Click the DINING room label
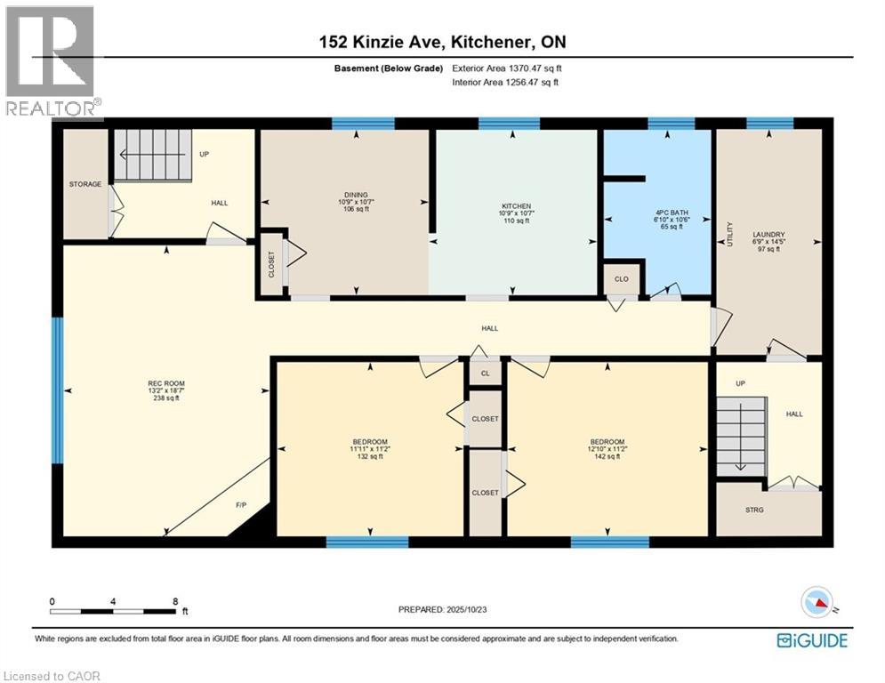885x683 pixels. tap(356, 195)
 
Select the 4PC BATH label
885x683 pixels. tap(672, 213)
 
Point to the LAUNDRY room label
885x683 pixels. tap(768, 235)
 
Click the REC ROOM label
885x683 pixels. tap(166, 384)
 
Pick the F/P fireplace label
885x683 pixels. tap(241, 504)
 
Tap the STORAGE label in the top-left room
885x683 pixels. tap(85, 184)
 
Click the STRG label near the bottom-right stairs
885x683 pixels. tap(754, 510)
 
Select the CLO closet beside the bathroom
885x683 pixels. tap(622, 279)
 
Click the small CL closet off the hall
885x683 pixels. tap(486, 374)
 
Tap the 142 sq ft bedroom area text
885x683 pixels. tap(607, 456)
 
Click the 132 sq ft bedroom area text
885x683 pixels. tap(370, 456)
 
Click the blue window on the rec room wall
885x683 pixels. tap(57, 390)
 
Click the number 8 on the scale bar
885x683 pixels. tap(175, 602)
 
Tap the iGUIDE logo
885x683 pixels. tap(812, 640)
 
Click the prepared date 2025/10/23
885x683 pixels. tap(466, 609)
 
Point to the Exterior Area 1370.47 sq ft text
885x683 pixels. tap(507, 68)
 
